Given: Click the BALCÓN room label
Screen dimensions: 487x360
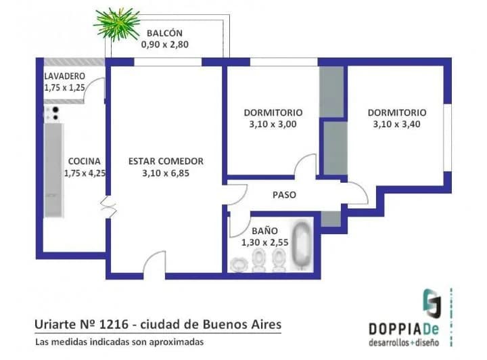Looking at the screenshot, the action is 164,32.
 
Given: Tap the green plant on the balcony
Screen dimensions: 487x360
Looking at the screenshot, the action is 117,24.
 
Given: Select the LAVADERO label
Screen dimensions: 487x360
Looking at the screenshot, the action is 65,76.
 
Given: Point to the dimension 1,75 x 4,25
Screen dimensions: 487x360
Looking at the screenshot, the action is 85,173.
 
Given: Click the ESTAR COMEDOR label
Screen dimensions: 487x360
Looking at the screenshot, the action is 166,161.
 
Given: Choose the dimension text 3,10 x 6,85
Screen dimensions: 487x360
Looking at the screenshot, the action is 166,173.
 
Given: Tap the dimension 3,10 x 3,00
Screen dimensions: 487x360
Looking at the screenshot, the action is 273,125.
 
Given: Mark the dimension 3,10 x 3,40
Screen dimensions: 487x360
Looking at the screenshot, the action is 396,125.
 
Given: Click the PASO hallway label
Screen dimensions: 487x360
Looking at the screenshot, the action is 284,195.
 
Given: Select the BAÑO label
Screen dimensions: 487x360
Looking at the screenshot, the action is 264,231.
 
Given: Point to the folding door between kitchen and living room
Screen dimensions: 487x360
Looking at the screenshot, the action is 108,206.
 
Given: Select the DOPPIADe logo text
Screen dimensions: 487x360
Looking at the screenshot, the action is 404,329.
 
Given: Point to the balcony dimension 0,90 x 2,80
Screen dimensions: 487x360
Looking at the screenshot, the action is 165,45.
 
